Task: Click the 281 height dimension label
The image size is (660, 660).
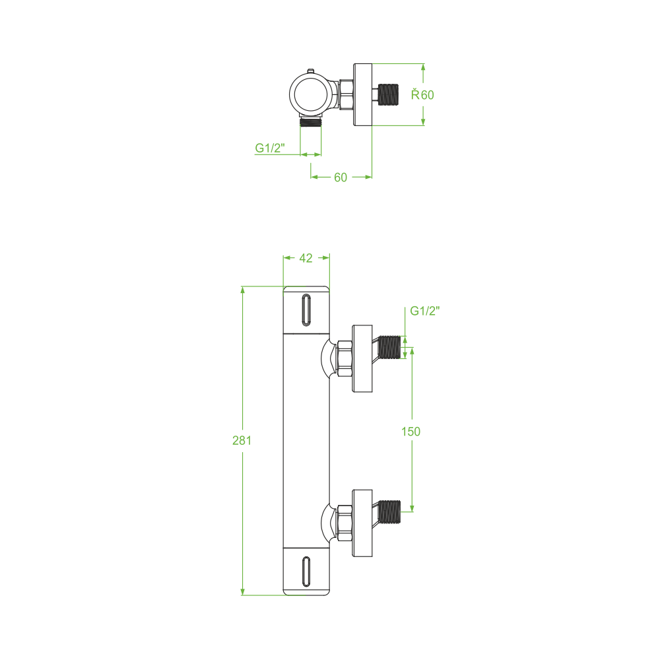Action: pos(242,440)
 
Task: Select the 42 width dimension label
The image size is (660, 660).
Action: pos(306,258)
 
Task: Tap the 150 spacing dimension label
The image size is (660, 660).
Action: pos(411,432)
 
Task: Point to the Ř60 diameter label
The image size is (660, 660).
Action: pos(422,94)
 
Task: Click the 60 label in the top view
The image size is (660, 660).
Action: pos(341,178)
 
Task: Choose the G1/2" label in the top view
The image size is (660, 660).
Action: pos(270,148)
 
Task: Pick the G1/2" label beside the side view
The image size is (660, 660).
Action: pos(424,311)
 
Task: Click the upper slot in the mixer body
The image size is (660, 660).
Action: pos(306,310)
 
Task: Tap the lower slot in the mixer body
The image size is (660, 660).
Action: pos(306,571)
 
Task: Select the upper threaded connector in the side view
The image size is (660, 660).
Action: pos(389,347)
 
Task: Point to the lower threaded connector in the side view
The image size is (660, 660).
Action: pos(389,512)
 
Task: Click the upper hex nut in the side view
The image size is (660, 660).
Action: pos(345,358)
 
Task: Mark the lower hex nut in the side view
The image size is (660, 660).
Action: pos(345,523)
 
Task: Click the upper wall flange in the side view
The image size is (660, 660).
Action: pos(362,358)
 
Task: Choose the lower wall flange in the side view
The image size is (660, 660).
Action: pos(362,523)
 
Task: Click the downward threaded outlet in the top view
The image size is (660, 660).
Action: pos(311,122)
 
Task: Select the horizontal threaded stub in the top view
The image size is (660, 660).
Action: pos(388,94)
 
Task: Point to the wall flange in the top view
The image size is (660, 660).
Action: pos(362,94)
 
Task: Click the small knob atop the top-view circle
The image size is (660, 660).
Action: pos(311,71)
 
